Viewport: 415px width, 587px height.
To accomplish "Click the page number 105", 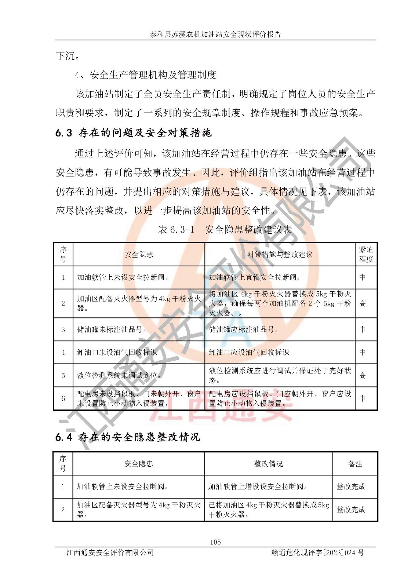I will (215, 542).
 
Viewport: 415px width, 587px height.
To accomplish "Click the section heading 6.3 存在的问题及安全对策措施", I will (134, 133).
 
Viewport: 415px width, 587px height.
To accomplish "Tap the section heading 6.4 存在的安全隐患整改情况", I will (128, 437).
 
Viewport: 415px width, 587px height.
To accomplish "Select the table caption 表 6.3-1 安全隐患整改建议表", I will (225, 230).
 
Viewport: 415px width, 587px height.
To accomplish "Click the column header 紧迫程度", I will (365, 254).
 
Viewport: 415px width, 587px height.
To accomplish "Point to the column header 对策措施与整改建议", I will (280, 254).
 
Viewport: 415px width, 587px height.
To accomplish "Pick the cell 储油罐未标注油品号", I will (112, 329).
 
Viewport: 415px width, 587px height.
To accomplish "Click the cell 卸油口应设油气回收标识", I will (249, 352).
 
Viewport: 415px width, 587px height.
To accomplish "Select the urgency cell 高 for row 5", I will (363, 375).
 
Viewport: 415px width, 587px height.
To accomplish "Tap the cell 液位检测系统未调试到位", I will (119, 375).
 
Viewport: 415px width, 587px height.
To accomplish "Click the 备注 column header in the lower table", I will (355, 464).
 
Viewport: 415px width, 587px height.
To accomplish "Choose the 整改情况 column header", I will (268, 464).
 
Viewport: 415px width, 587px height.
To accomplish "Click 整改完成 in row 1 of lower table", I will (351, 486).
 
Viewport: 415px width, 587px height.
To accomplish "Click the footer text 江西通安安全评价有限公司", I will (110, 553).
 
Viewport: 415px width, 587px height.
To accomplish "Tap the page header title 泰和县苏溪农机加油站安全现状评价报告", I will (215, 34).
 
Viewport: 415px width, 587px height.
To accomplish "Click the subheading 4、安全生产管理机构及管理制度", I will (145, 75).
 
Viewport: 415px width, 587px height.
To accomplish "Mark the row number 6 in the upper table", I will (63, 398).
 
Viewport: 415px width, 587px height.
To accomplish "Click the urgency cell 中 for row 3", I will (363, 329).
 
